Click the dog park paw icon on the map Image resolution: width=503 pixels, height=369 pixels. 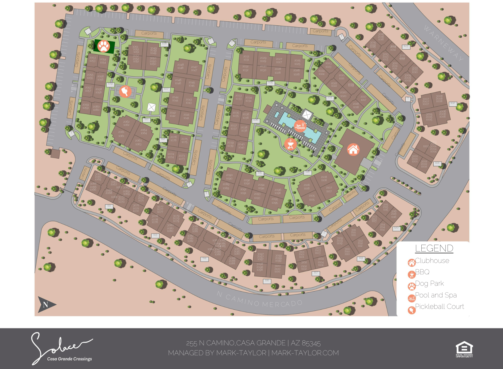pyautogui.click(x=103, y=46)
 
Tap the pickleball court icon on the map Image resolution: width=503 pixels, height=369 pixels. pyautogui.click(x=125, y=91)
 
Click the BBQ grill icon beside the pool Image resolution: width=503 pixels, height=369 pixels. pyautogui.click(x=290, y=144)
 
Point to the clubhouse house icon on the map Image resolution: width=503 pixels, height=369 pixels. pyautogui.click(x=353, y=149)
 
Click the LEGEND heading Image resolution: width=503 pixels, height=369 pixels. pyautogui.click(x=434, y=248)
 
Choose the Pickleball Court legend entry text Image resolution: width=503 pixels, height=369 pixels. pyautogui.click(x=439, y=307)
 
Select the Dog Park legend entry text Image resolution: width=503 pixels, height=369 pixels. pyautogui.click(x=429, y=283)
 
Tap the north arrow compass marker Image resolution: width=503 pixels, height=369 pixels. pyautogui.click(x=47, y=305)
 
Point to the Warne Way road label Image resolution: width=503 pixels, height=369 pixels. pyautogui.click(x=443, y=43)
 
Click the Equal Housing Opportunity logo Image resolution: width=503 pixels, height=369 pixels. pyautogui.click(x=464, y=349)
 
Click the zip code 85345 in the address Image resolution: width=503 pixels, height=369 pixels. pyautogui.click(x=311, y=343)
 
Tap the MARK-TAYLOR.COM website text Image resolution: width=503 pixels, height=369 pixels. pyautogui.click(x=305, y=353)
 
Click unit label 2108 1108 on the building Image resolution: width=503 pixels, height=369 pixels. pyautogui.click(x=324, y=179)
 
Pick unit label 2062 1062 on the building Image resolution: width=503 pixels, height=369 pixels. pyautogui.click(x=126, y=123)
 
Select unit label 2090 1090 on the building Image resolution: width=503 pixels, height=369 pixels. pyautogui.click(x=229, y=177)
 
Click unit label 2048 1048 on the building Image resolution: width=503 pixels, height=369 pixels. pyautogui.click(x=180, y=66)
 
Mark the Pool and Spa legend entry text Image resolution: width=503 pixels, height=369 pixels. pyautogui.click(x=436, y=295)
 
